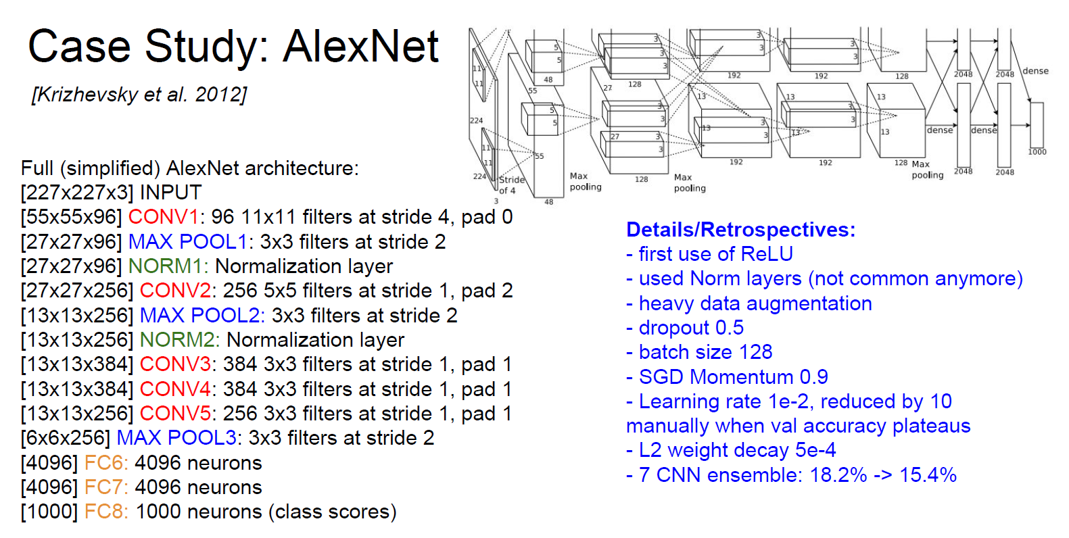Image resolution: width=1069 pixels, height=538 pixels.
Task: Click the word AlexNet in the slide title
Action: pos(361,47)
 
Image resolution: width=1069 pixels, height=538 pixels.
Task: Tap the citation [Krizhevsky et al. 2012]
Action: pos(139,95)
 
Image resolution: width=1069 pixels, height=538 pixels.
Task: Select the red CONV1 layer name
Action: pos(163,217)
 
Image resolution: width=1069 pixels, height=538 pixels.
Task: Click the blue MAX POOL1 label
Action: pos(188,242)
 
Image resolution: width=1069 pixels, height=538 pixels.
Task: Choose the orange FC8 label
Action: pos(105,512)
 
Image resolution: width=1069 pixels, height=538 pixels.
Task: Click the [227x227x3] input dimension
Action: pos(77,193)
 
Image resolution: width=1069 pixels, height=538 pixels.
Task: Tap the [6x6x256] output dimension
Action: pos(65,438)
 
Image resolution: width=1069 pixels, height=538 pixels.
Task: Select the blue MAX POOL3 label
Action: pos(176,438)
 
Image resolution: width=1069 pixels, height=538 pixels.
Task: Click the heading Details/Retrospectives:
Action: pos(740,230)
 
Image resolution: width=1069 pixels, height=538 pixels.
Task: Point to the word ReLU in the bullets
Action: pos(767,254)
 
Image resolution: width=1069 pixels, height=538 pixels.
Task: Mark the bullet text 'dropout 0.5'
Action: pos(691,328)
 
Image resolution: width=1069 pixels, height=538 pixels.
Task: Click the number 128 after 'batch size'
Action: pos(755,352)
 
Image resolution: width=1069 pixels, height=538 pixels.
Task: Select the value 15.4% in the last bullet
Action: pos(928,475)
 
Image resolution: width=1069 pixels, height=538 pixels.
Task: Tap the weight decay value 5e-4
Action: pos(815,450)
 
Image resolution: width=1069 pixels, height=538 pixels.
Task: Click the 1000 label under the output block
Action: pos(1037,152)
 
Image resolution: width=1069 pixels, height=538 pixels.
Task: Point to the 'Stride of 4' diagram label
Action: pos(511,185)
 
